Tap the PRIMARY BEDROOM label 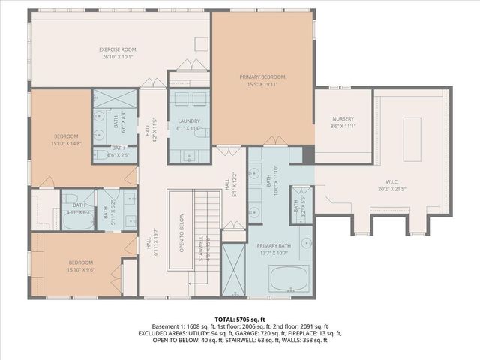tap(262, 76)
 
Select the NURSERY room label tap(343, 119)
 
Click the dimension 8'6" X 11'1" tap(343, 126)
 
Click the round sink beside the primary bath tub tap(307, 244)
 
